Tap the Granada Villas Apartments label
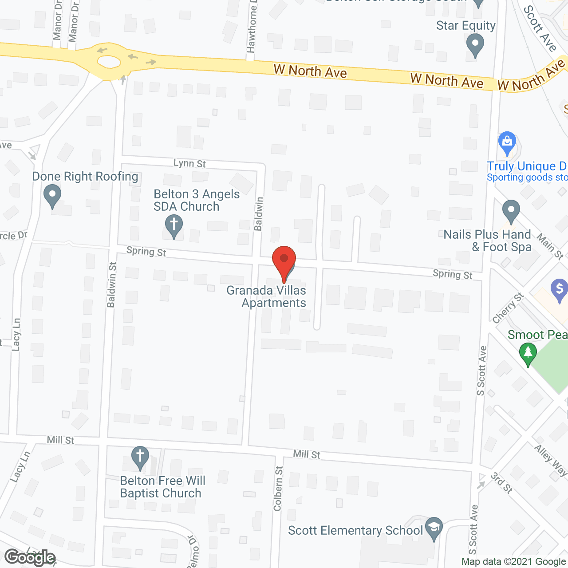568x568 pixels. tap(267, 296)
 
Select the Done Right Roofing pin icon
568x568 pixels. tap(52, 197)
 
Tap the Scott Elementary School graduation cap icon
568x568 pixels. tap(434, 528)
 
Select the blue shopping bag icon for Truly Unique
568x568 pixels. tap(507, 142)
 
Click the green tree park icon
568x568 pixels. tap(528, 354)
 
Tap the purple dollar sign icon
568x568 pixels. tap(559, 290)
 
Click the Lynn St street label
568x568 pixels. tap(189, 163)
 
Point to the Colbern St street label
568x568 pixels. tap(278, 489)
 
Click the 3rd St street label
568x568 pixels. tap(502, 483)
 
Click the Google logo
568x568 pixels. tap(30, 557)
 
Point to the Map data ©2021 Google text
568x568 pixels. tap(514, 562)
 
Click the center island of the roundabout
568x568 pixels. tap(109, 62)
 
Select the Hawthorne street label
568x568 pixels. tap(252, 28)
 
